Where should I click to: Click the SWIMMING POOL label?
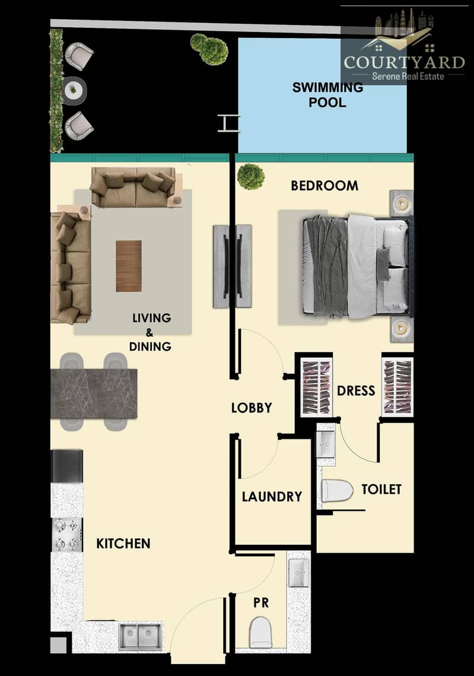[327, 94]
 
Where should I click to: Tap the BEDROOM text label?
[325, 186]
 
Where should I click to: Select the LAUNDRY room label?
[272, 497]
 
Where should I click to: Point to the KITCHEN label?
[123, 544]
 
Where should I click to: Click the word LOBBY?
[252, 408]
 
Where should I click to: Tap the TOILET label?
[381, 489]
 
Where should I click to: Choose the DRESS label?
[356, 391]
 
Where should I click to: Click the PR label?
[261, 602]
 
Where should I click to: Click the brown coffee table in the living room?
[129, 266]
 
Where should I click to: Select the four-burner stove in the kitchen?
[67, 535]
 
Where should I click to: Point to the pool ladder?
[229, 123]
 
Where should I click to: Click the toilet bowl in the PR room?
[260, 632]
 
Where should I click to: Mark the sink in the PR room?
[298, 573]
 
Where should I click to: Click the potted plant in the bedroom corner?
[250, 176]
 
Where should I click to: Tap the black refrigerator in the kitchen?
[67, 466]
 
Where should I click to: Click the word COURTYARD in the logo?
[404, 62]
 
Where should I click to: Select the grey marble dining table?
[94, 393]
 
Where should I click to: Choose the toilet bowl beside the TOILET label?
[338, 491]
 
